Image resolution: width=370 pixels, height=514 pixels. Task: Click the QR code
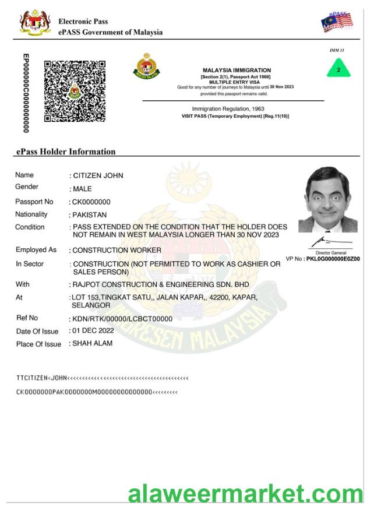click(x=75, y=90)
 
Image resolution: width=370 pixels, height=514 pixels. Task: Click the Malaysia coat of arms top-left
click(x=35, y=23)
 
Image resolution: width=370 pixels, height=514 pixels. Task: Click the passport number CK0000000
click(x=91, y=202)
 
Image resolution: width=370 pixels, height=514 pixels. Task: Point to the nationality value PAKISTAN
click(x=90, y=215)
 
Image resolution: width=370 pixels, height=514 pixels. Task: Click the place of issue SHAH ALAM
click(x=92, y=343)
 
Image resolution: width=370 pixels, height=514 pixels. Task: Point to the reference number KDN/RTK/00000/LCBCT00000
click(x=122, y=319)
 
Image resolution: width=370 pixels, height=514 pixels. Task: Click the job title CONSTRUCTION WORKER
click(x=116, y=250)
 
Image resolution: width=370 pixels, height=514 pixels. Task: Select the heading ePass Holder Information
click(x=66, y=152)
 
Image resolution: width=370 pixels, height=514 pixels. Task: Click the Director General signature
click(x=330, y=241)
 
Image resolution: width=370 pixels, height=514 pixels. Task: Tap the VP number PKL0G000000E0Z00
click(x=333, y=259)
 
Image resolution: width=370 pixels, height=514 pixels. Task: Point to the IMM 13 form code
click(x=336, y=51)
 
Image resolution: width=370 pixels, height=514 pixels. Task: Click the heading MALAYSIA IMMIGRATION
click(x=236, y=71)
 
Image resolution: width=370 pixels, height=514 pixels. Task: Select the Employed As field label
click(x=36, y=250)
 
